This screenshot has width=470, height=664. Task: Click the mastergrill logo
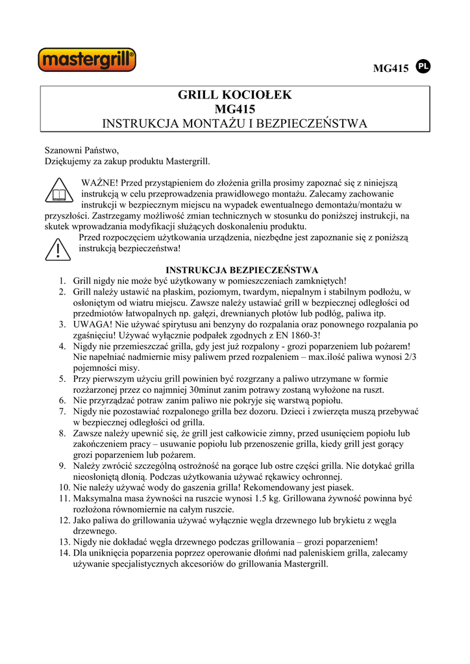click(x=87, y=61)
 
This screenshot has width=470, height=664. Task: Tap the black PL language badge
click(x=423, y=66)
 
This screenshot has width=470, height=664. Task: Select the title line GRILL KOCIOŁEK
click(x=235, y=95)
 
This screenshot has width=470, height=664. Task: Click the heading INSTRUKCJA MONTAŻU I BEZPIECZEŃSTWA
click(x=235, y=123)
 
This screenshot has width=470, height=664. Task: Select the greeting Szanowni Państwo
click(x=82, y=150)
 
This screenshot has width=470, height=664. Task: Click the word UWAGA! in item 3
click(x=92, y=324)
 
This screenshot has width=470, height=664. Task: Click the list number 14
click(x=64, y=553)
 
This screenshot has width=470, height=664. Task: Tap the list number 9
click(x=64, y=466)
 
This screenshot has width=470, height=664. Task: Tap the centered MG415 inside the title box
click(x=235, y=109)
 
